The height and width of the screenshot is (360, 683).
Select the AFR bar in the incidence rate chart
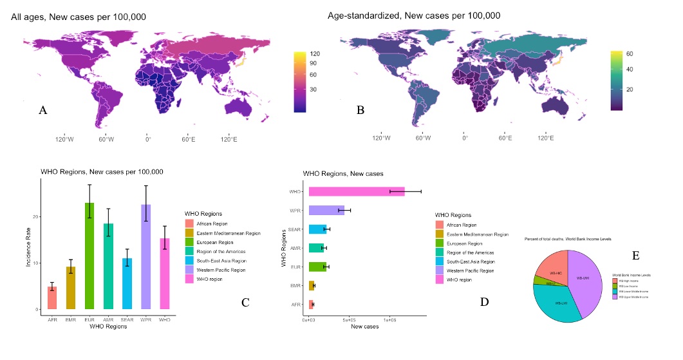coord(52,298)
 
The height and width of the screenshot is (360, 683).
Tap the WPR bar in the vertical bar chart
coord(146,257)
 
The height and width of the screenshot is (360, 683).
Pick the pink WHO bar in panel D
coord(356,191)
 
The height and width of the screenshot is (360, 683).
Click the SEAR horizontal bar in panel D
coord(317,229)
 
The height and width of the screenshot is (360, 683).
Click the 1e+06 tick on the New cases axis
coord(389,319)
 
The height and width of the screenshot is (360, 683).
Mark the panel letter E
coord(636,256)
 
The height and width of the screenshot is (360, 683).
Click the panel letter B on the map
coord(360,110)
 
